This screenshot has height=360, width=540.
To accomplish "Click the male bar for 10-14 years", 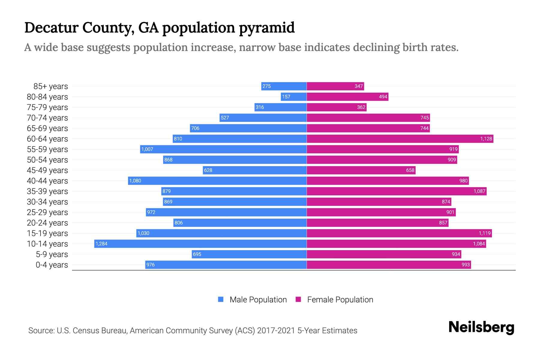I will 200,244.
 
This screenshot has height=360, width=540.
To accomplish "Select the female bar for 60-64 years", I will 400,139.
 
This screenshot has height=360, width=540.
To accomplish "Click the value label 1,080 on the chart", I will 135,181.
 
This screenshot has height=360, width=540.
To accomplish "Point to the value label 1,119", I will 484,233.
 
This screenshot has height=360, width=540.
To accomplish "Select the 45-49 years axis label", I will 47,170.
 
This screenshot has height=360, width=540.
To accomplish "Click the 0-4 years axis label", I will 52,265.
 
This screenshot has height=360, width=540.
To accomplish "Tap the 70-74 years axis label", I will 47,118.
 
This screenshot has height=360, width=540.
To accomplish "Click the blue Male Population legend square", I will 221,299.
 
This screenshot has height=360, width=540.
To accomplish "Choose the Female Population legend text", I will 340,299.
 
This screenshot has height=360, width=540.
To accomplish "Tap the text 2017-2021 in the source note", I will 276,330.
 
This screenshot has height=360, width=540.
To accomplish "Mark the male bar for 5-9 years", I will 249,254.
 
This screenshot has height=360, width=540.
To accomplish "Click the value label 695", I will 197,254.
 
